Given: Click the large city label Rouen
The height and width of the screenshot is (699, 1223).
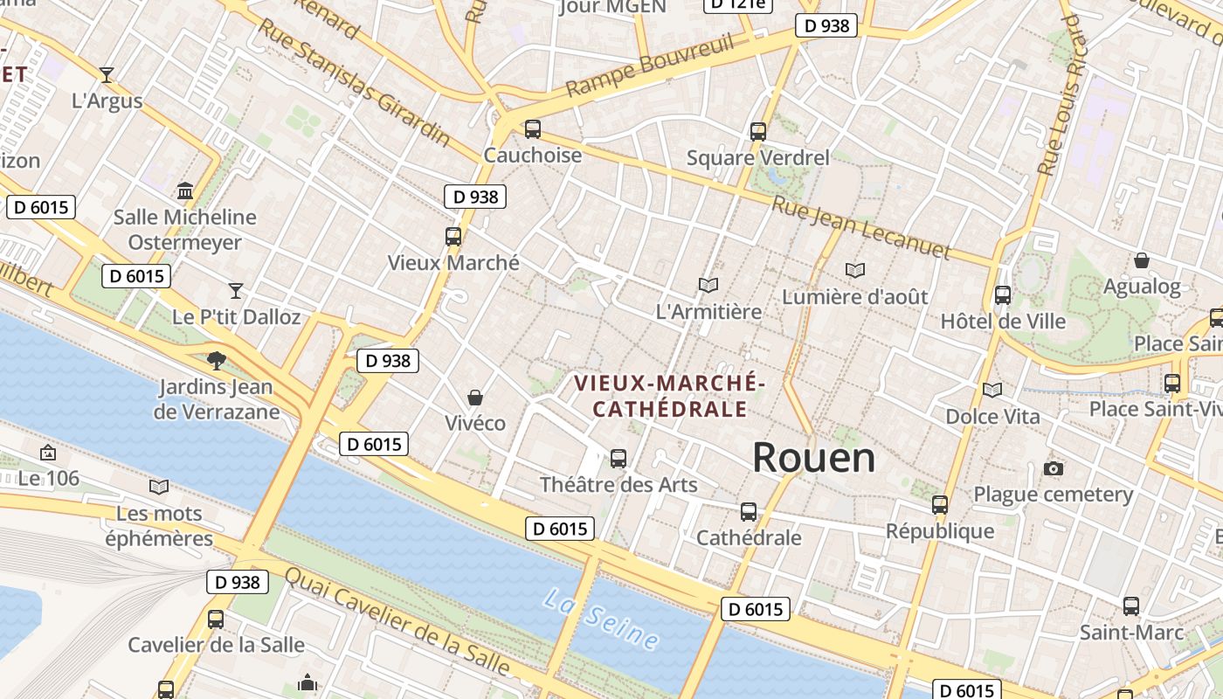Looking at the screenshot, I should [x=813, y=458].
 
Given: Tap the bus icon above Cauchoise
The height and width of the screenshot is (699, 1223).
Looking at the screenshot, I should [x=532, y=129].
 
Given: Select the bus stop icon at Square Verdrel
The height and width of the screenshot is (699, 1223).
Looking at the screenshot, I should [x=758, y=132].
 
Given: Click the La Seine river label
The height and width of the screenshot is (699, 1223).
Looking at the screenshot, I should [x=600, y=619].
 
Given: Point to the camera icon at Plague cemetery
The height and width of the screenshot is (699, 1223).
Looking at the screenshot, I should [x=1054, y=469].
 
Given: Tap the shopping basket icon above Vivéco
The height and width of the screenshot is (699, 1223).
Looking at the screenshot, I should [x=475, y=398].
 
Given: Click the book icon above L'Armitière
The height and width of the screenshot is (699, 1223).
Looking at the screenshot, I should [x=708, y=285].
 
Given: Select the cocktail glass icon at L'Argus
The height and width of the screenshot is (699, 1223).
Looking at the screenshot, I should [x=107, y=75].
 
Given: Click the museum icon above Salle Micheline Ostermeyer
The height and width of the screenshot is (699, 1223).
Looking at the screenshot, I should [x=185, y=190].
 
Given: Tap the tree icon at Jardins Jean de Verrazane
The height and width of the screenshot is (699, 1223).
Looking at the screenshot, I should [x=216, y=360].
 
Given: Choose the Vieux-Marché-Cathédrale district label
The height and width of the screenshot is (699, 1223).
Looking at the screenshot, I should [x=670, y=396].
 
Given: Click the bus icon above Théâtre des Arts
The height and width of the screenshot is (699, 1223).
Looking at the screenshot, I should [x=618, y=458].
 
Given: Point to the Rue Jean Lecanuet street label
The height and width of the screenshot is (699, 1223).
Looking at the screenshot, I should [x=861, y=226].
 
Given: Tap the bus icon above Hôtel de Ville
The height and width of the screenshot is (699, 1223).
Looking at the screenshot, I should [x=1003, y=295].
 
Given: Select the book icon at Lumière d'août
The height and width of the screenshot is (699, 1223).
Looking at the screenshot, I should [x=855, y=271].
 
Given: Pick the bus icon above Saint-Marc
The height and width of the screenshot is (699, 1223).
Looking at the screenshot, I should [x=1131, y=606].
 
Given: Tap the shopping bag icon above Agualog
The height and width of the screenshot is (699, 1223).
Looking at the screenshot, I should [x=1142, y=260].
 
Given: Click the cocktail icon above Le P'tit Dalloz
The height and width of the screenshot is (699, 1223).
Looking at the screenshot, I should [x=236, y=290].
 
